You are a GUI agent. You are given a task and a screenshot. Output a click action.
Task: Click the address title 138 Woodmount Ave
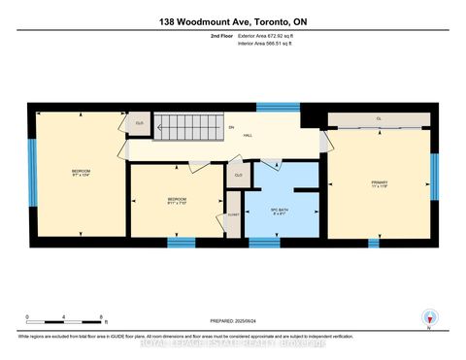coord(233,21)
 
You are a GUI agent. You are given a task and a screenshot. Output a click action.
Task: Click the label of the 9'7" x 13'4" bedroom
coord(80,175)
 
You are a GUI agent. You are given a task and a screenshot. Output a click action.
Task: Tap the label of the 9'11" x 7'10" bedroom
coord(176,202)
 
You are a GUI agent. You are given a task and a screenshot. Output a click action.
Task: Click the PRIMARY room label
coord(379,184)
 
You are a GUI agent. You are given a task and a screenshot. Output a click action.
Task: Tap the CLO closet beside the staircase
coord(139,123)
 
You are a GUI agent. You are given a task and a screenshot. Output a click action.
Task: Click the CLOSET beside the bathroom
coord(233,218)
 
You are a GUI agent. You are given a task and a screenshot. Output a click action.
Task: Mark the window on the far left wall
coord(31,172)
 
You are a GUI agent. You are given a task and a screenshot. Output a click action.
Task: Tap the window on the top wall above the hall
coord(271,106)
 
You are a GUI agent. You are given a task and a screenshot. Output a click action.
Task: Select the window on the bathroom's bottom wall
coord(282,241)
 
